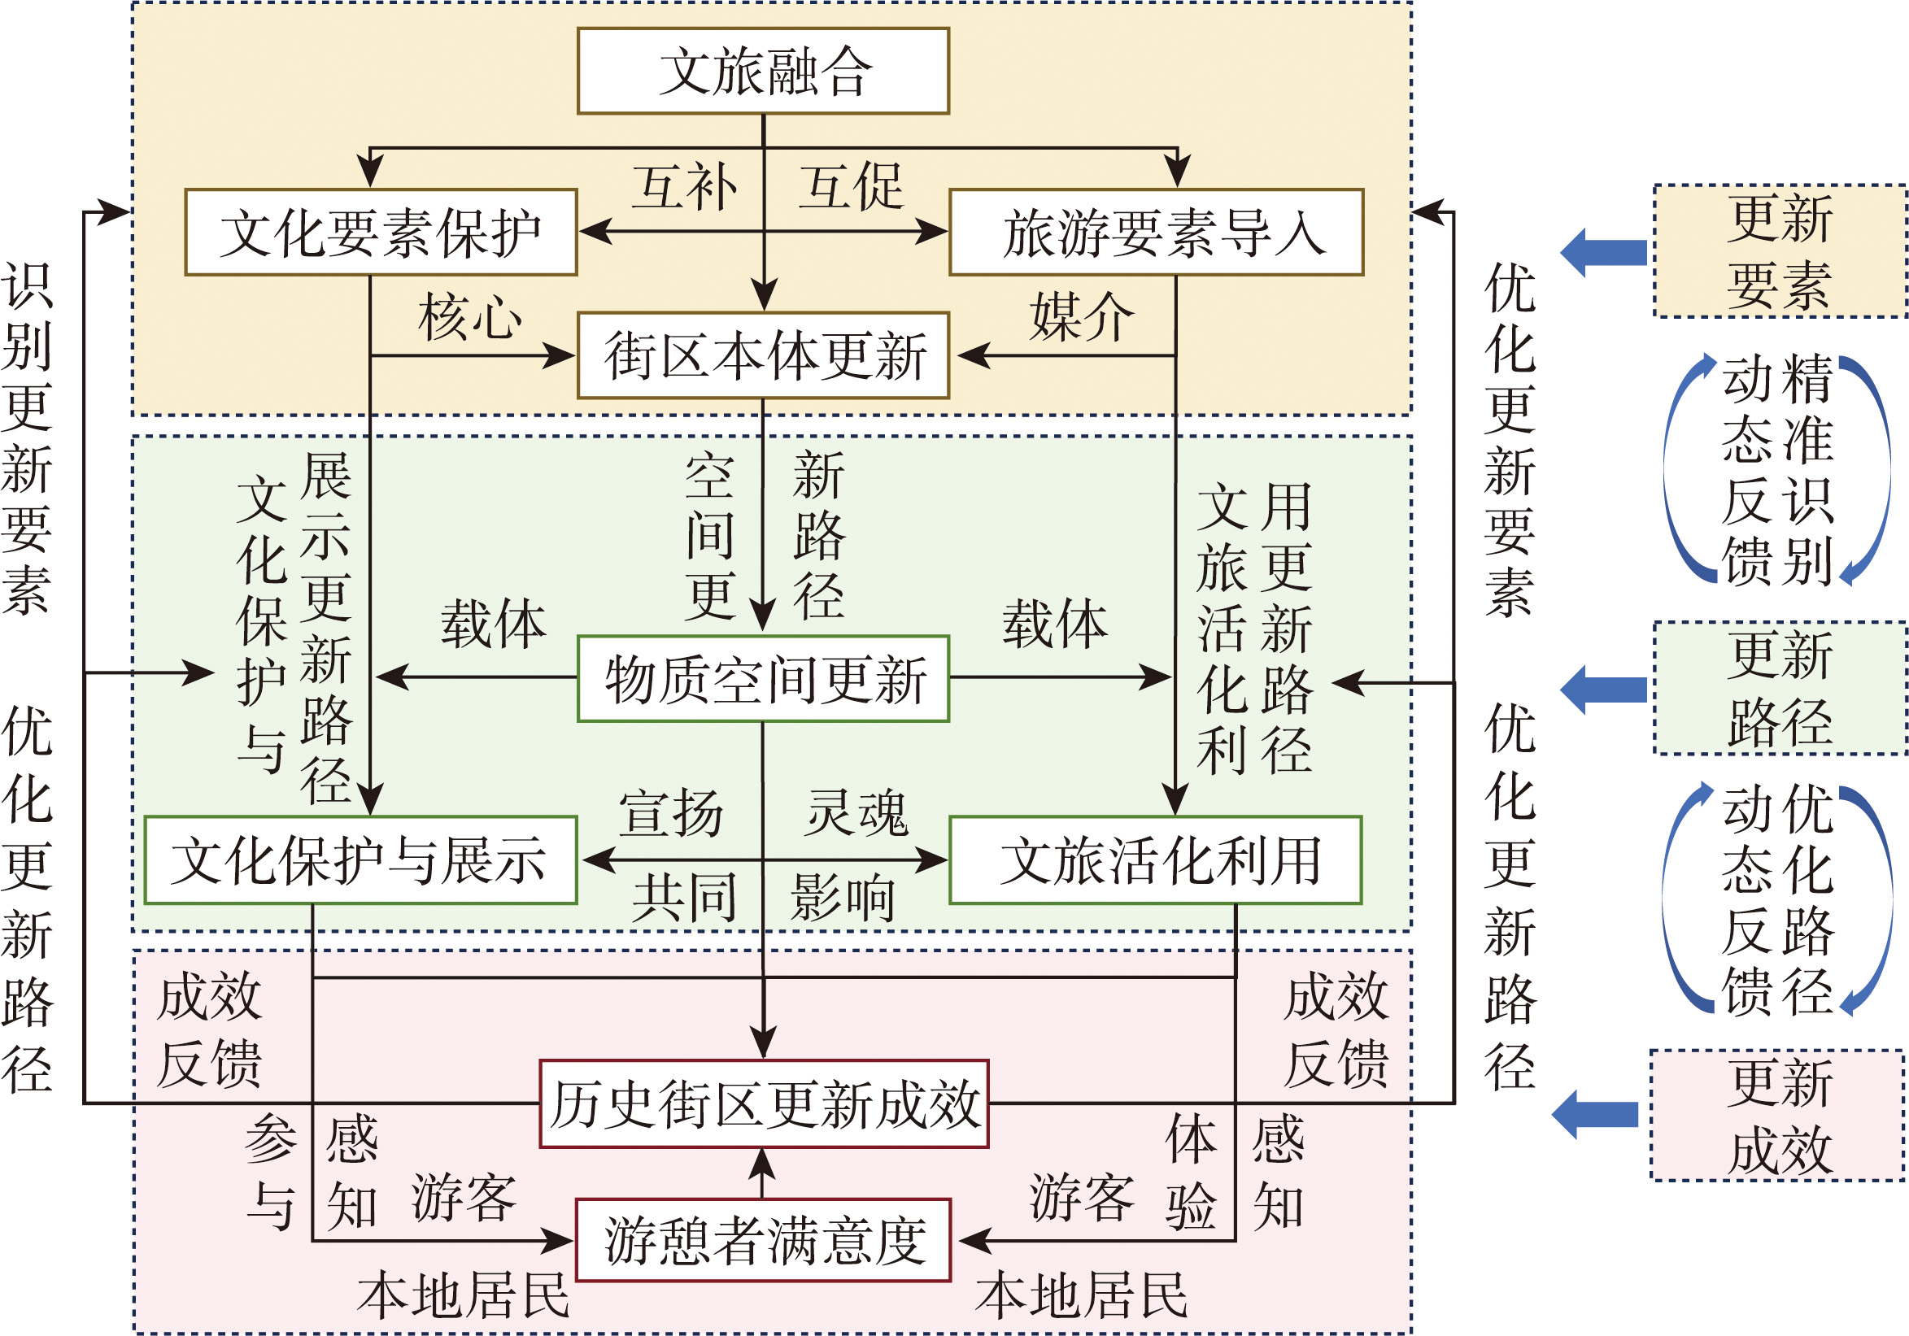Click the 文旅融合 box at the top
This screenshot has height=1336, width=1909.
[x=763, y=71]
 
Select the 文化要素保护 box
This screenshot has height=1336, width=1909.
[x=381, y=232]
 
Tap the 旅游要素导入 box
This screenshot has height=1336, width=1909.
[x=1157, y=232]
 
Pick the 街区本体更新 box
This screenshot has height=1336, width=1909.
[x=763, y=356]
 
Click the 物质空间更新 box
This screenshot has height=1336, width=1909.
[x=763, y=679]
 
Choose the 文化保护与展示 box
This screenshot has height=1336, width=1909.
[x=361, y=860]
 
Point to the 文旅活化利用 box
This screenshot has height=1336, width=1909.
[x=1156, y=860]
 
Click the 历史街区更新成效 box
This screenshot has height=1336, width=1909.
[x=764, y=1104]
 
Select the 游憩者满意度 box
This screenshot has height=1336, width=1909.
[x=763, y=1240]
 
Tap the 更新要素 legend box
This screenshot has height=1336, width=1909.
[x=1780, y=251]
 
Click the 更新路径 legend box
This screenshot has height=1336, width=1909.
[x=1780, y=689]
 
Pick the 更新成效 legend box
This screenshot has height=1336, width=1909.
[x=1777, y=1116]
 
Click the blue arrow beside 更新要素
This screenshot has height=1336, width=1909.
[x=1603, y=252]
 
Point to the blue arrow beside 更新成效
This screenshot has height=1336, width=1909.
[x=1595, y=1115]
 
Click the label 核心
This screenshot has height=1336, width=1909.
[x=471, y=317]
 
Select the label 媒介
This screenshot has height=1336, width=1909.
[x=1082, y=317]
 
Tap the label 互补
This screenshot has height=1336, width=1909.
[x=685, y=187]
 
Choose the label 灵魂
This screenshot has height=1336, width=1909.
[x=856, y=812]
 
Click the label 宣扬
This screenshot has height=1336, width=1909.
[x=671, y=812]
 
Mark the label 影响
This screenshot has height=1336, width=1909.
[x=843, y=898]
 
